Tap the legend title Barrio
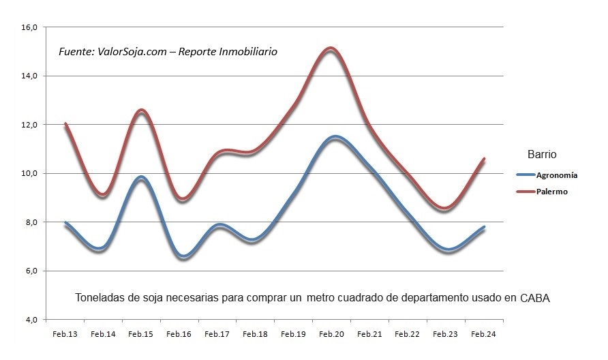click(542, 154)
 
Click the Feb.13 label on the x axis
click(64, 334)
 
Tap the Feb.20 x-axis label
click(331, 334)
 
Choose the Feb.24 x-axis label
click(483, 334)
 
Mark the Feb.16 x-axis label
click(179, 334)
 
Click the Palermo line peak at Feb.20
click(331, 48)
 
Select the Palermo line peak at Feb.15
click(141, 110)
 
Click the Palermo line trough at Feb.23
click(444, 209)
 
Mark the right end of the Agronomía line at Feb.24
click(484, 228)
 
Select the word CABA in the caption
click(534, 298)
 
